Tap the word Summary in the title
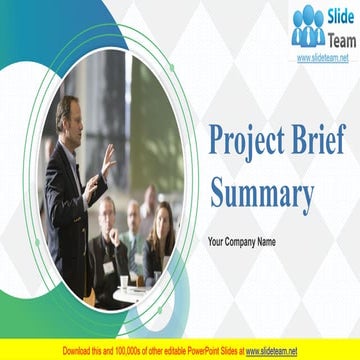(261, 195)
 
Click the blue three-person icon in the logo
(308, 27)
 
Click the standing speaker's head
(67, 111)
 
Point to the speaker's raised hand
(106, 157)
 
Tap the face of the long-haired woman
(161, 219)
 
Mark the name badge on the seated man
(107, 267)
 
